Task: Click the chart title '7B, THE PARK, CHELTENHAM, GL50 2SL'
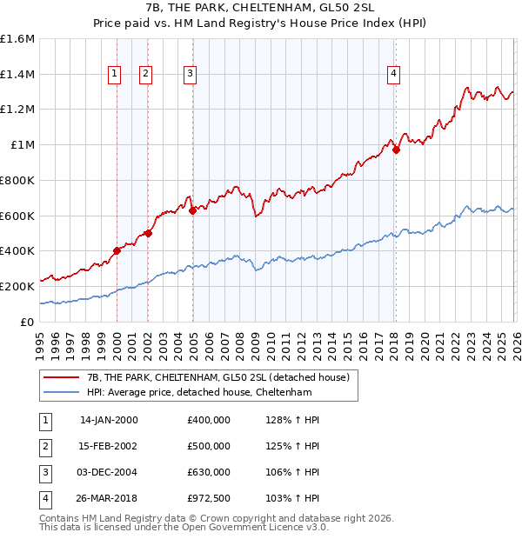click(x=261, y=7)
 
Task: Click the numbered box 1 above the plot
click(x=115, y=75)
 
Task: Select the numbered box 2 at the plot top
click(x=145, y=75)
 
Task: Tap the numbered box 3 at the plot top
click(x=189, y=75)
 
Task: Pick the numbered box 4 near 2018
click(x=394, y=75)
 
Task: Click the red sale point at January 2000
click(x=117, y=250)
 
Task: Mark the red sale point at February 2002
click(x=149, y=233)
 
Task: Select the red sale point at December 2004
click(x=192, y=210)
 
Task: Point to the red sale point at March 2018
click(x=396, y=150)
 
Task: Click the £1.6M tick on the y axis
click(x=17, y=39)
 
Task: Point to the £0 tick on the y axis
click(x=28, y=322)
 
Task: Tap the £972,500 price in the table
click(x=209, y=498)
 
